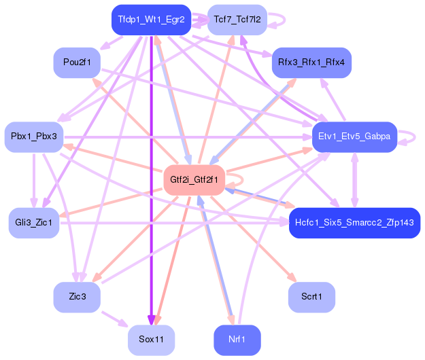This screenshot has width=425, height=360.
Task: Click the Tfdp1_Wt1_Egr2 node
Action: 151,20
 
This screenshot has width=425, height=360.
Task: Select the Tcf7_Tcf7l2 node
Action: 237,20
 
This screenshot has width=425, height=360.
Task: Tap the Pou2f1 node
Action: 77,62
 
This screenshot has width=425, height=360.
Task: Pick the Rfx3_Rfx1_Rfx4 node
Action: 311,62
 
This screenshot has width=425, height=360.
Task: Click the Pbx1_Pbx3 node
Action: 34,137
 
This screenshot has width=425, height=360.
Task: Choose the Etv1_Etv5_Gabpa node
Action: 354,137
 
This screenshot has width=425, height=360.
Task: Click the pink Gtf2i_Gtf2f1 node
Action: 194,180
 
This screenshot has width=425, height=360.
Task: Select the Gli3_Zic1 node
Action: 34,223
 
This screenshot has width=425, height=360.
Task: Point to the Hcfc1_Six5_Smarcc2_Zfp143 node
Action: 354,223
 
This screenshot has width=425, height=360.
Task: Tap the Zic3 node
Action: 77,298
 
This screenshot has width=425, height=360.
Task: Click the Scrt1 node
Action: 311,298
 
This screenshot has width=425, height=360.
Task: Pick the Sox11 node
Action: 151,340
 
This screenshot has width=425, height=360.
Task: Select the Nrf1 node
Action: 237,340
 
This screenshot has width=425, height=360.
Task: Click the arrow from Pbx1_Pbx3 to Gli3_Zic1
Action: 34,180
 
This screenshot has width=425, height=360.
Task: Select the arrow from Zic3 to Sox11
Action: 114,319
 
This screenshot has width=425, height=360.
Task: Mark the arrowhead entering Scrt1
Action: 292,278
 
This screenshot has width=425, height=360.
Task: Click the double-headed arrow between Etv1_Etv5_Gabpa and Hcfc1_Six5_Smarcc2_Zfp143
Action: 354,180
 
